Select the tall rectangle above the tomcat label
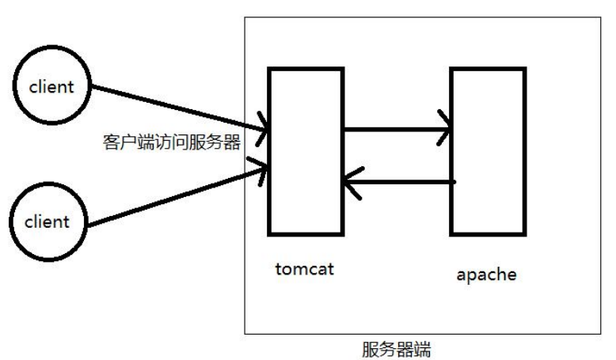pyautogui.click(x=306, y=151)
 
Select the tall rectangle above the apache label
pyautogui.click(x=488, y=151)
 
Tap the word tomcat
pyautogui.click(x=305, y=269)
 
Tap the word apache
pyautogui.click(x=487, y=275)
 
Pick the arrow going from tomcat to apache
pyautogui.click(x=396, y=128)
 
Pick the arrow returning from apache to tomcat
pyautogui.click(x=400, y=182)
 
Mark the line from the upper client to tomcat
pyautogui.click(x=174, y=105)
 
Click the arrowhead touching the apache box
pyautogui.click(x=445, y=128)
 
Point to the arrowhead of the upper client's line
pyautogui.click(x=263, y=127)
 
